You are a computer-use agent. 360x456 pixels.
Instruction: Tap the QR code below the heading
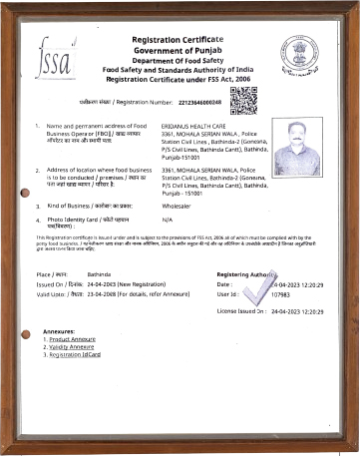click(x=242, y=101)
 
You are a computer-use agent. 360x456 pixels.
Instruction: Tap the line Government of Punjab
click(x=180, y=48)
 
